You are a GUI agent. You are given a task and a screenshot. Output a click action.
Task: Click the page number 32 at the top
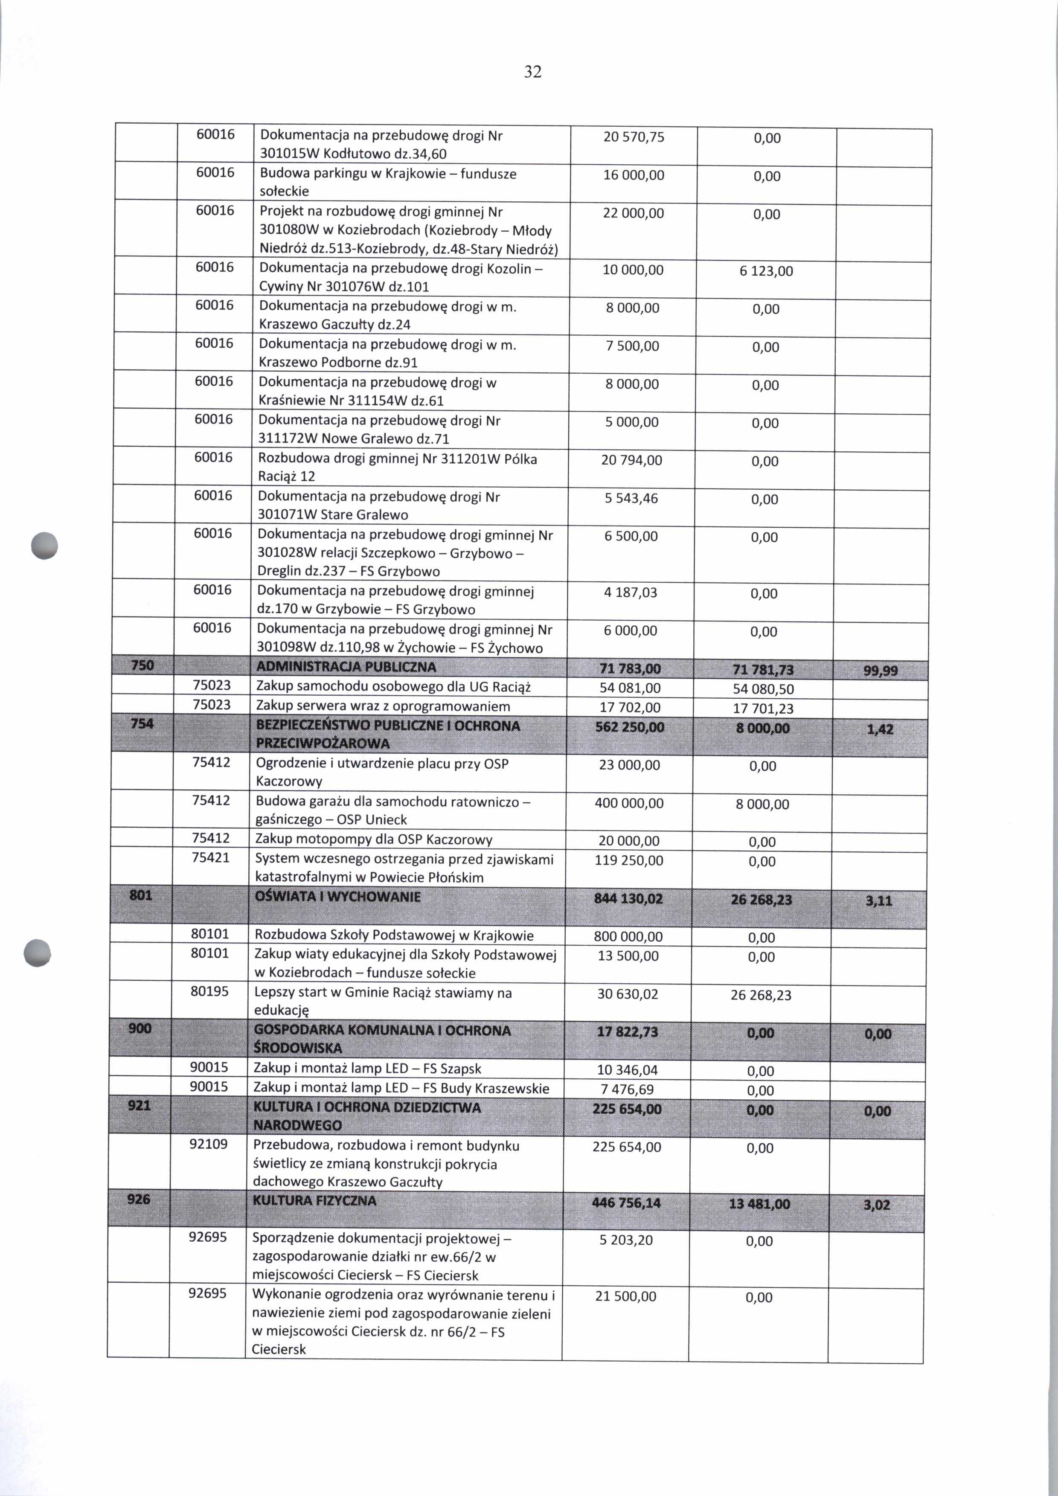pos(532,72)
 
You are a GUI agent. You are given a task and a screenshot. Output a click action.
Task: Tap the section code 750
pos(142,665)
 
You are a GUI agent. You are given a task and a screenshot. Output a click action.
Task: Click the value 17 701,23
pos(763,708)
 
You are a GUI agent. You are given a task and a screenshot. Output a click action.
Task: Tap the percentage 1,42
pos(880,730)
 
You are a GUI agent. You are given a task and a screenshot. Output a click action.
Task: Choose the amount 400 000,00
pos(629,803)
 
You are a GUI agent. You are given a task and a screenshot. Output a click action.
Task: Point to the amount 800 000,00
pos(628,936)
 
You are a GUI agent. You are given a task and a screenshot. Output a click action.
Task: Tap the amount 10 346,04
pos(628,1070)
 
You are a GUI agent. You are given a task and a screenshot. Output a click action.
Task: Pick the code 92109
pos(209,1144)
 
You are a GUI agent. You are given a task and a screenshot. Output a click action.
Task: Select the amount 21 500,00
pos(625,1296)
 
